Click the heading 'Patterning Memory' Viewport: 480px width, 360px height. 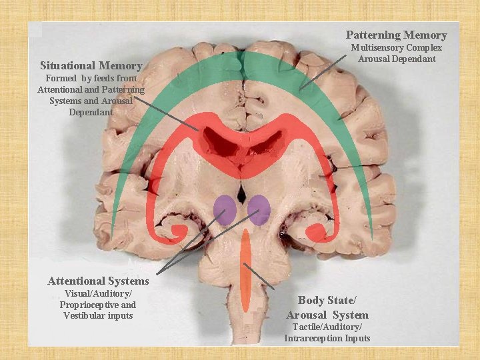[396, 35]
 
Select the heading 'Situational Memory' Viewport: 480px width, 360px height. [91, 65]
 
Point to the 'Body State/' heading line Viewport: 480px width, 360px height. [327, 300]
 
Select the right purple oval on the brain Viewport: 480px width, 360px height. [258, 209]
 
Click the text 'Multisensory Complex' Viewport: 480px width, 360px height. [396, 48]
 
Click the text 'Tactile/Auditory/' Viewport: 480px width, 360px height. [327, 327]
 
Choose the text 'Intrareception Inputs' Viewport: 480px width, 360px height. [327, 338]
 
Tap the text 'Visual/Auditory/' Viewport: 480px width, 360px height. [98, 294]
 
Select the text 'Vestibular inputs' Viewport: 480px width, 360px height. [98, 315]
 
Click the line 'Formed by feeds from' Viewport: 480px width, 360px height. [91, 78]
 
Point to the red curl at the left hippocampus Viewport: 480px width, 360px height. [178, 231]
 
